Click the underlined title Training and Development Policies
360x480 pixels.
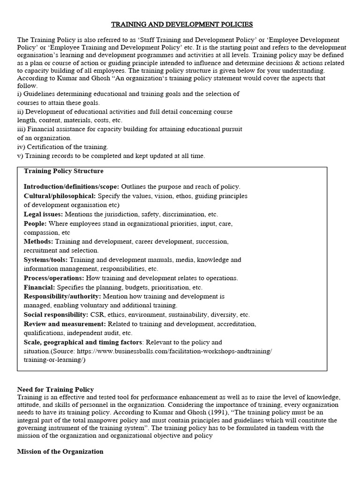(x=181, y=24)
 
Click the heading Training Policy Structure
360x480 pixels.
(x=64, y=171)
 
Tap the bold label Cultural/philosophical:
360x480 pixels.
(x=60, y=195)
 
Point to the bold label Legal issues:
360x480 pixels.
(x=43, y=214)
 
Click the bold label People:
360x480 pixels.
(x=35, y=223)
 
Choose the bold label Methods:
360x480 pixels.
(x=38, y=241)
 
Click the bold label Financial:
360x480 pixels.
(x=39, y=287)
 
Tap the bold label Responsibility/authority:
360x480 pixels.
(x=62, y=296)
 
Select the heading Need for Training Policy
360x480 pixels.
(x=55, y=390)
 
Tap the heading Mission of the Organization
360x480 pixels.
(x=60, y=451)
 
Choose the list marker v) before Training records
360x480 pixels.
(x=20, y=156)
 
